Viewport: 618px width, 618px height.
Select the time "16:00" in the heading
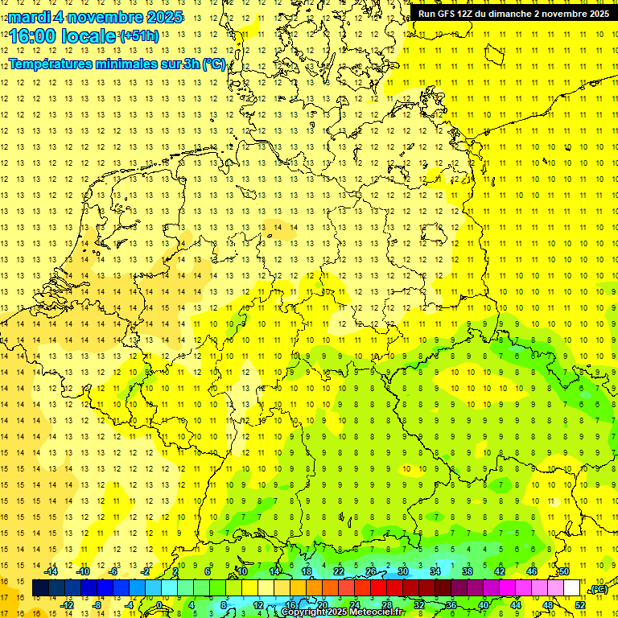pos(31,36)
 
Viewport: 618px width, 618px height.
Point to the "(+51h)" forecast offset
pos(139,36)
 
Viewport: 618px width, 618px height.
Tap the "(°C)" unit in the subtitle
pos(213,64)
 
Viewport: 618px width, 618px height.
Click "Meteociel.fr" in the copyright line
pos(377,612)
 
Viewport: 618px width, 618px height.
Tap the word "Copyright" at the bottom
pos(304,612)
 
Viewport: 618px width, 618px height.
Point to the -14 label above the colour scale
pos(51,571)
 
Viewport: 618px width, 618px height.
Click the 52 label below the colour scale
pos(580,605)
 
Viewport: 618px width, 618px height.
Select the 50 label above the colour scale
pos(564,571)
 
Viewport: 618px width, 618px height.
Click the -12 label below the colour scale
pos(68,605)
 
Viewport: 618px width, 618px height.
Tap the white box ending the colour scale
pos(572,588)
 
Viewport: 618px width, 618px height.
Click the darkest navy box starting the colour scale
pos(41,588)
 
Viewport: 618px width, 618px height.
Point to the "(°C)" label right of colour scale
pos(599,590)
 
